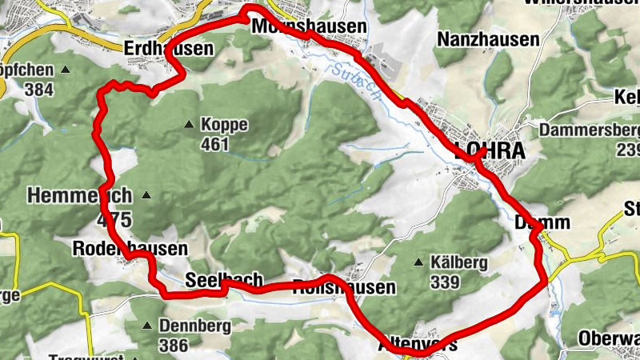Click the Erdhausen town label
pos(169,49)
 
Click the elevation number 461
pos(215,145)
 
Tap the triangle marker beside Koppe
pos(189,124)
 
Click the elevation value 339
pos(444,282)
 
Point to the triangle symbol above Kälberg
pos(418,262)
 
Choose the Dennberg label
pos(195,326)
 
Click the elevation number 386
pos(174,346)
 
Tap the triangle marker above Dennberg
pos(147,326)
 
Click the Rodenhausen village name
pos(130,248)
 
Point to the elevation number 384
pos(38,90)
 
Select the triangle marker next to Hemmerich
pos(146,195)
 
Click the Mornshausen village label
pos(308,26)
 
